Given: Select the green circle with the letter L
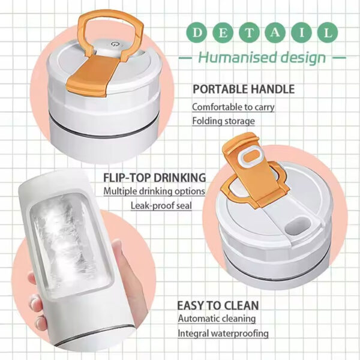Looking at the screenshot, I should coord(328,32).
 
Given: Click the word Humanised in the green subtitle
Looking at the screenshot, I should coord(233,58).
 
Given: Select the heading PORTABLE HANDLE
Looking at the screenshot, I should coord(243,89).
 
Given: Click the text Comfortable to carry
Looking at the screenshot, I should coord(233,107).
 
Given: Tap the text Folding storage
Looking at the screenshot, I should coord(223,121).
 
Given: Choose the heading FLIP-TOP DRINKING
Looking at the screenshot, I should coord(155,178).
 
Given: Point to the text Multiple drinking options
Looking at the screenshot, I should coord(154,191).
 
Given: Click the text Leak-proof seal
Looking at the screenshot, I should coord(167,206).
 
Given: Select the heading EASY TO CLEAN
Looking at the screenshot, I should coord(217,304).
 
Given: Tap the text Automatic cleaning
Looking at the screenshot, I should coord(216,319).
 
